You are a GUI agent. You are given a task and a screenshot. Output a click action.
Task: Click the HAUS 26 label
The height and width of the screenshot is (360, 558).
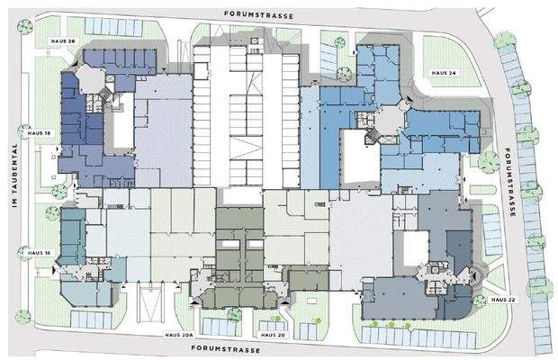[63, 41]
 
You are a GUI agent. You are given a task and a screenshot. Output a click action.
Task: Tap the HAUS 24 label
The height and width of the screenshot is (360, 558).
[444, 73]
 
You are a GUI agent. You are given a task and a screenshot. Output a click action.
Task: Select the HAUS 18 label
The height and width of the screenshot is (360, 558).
[39, 133]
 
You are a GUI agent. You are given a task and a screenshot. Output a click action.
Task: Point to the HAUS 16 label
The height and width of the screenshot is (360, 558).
[39, 253]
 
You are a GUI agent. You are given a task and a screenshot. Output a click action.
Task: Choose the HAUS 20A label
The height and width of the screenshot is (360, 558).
[179, 335]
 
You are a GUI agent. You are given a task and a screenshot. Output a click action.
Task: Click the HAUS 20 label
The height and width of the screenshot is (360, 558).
[273, 335]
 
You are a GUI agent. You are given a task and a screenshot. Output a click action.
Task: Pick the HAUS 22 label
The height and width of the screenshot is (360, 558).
[503, 300]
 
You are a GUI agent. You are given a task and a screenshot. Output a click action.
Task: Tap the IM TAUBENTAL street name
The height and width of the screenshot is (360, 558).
[14, 175]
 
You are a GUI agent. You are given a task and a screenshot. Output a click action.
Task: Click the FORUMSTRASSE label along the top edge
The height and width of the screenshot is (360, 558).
[258, 15]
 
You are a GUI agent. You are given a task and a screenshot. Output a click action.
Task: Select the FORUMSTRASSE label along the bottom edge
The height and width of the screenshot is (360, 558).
[226, 348]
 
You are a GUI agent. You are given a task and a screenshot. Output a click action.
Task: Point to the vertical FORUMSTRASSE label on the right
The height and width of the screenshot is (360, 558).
[510, 182]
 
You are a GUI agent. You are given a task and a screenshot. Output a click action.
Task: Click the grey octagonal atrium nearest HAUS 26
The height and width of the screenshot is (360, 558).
[91, 79]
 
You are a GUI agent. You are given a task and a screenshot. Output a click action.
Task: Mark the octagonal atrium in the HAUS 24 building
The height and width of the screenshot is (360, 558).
[390, 121]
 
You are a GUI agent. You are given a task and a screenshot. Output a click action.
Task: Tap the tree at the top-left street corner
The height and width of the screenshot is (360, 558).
[24, 27]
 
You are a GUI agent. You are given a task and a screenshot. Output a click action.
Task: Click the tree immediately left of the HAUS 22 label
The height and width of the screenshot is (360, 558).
[480, 301]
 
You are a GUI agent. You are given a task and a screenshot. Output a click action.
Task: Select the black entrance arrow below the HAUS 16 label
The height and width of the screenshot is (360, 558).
[54, 270]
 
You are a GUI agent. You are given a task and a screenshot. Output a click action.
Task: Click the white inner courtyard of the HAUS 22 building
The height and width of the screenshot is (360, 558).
[416, 247]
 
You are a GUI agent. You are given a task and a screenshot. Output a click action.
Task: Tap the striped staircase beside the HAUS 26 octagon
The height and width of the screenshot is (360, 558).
[105, 94]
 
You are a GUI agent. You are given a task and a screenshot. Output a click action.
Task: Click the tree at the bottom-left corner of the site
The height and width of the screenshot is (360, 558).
[23, 317]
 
